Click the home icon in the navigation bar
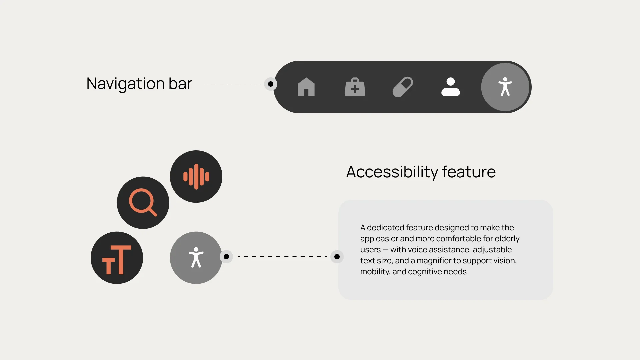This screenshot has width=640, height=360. (306, 87)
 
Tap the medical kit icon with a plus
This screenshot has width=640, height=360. (355, 87)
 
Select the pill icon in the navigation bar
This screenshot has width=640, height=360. (403, 87)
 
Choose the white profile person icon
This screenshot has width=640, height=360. (451, 87)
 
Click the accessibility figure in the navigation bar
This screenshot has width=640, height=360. (505, 87)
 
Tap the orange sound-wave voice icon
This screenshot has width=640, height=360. (196, 177)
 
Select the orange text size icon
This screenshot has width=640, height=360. (117, 260)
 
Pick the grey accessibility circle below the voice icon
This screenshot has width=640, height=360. (196, 258)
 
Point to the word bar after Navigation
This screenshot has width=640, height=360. (180, 83)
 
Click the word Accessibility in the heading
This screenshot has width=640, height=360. (392, 172)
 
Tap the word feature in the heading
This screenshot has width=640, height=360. (469, 172)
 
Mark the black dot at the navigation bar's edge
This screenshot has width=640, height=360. (271, 84)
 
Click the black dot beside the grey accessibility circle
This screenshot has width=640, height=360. (226, 257)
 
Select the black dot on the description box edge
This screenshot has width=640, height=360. (337, 257)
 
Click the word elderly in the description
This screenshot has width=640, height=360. (507, 239)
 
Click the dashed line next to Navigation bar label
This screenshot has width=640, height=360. (233, 85)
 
